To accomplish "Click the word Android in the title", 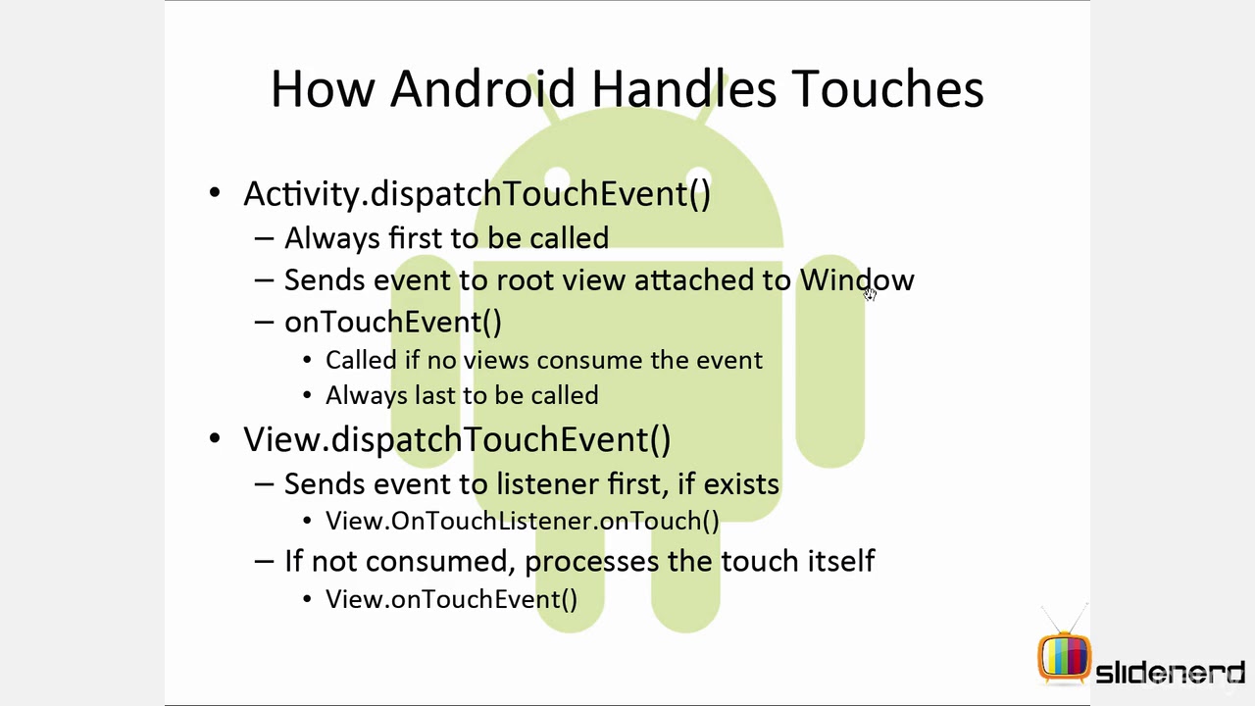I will click(x=481, y=88).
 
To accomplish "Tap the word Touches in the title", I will click(x=887, y=88).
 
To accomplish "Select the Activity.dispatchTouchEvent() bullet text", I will click(x=477, y=193).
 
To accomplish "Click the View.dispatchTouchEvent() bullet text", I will click(x=457, y=439).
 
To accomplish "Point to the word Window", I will click(x=856, y=279).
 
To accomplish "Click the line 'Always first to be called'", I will click(x=446, y=237).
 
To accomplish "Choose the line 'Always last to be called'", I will click(x=462, y=395).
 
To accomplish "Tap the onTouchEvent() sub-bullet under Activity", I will click(x=392, y=322).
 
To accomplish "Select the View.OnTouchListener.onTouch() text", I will click(x=522, y=521).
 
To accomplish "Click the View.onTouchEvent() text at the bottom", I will click(x=451, y=599).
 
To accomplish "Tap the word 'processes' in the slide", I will click(x=592, y=561).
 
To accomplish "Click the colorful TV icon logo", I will click(x=1064, y=656).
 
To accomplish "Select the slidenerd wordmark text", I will click(x=1170, y=674).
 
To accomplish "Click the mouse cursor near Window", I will click(x=870, y=294).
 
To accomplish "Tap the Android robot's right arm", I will click(x=829, y=363).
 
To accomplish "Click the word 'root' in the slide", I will click(x=526, y=280).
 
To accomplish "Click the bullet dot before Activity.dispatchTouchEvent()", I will click(x=215, y=193).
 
